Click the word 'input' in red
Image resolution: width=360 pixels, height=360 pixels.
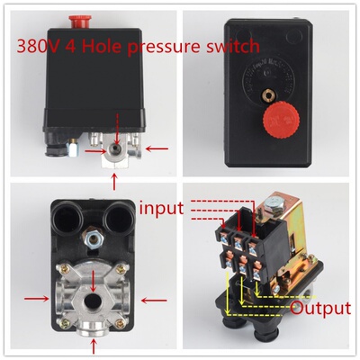click(161, 208)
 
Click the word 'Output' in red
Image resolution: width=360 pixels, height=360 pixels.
click(320, 308)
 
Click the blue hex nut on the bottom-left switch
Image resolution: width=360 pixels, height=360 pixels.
click(94, 238)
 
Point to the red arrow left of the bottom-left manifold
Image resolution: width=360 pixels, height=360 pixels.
click(37, 298)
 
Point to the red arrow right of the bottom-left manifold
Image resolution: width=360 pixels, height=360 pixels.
click(154, 300)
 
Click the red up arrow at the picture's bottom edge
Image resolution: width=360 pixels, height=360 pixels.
click(94, 348)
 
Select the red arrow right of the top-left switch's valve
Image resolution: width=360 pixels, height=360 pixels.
click(157, 148)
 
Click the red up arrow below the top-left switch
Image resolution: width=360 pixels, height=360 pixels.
click(114, 182)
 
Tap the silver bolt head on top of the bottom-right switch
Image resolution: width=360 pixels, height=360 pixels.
click(274, 203)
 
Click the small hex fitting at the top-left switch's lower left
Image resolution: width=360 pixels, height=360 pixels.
click(72, 148)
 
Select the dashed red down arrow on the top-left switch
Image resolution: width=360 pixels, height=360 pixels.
click(117, 129)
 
